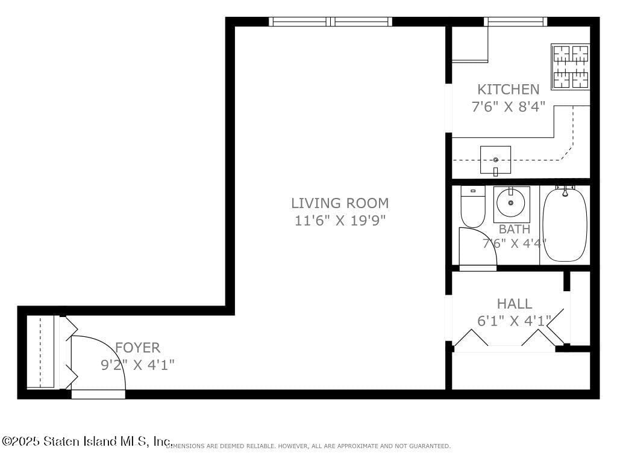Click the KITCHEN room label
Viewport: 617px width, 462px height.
coord(508,90)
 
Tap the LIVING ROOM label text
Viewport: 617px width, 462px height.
coord(340,203)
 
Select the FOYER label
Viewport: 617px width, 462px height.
coord(138,348)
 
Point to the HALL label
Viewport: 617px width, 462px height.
coord(514,304)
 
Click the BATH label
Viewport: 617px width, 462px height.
coord(514,229)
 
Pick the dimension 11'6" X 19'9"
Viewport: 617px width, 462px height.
coord(340,221)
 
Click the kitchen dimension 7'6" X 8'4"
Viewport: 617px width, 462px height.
coord(508,107)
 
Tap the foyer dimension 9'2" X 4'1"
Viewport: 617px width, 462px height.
coord(138,365)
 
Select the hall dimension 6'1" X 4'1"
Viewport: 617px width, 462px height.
coord(514,321)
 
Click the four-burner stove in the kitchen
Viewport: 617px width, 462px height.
coord(571,66)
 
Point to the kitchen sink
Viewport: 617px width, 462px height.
coord(495,160)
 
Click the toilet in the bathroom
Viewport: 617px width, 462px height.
coord(473,206)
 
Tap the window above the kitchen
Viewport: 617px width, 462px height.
coord(515,22)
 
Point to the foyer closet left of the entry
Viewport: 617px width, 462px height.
coord(41,352)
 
